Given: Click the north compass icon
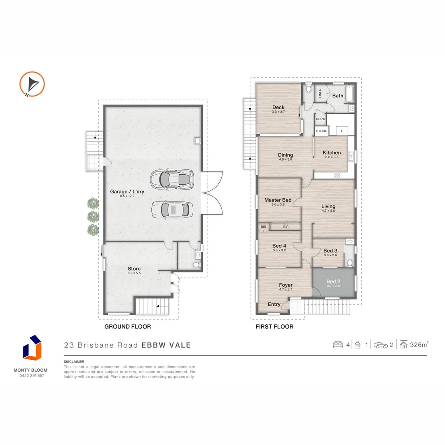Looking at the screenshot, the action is [x=32, y=84].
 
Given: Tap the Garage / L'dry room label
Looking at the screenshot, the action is [x=127, y=192].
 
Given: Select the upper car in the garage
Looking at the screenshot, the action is [x=172, y=179].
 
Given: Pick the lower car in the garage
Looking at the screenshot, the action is [x=172, y=210].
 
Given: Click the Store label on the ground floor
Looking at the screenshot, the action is [x=134, y=269].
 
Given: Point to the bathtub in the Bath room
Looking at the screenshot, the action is [x=350, y=94].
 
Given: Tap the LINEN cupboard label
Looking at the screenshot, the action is [x=320, y=93].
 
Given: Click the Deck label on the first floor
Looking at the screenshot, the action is [x=278, y=107].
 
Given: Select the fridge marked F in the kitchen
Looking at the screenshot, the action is [x=342, y=131].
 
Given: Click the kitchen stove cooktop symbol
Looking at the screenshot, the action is [x=337, y=176].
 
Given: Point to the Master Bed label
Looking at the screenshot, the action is [x=278, y=200].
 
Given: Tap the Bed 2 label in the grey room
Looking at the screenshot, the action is [x=333, y=281].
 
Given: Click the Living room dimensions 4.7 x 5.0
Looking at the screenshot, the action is [x=328, y=211].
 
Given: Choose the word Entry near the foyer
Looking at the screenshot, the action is [x=274, y=304].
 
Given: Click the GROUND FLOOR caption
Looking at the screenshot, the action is [x=128, y=327].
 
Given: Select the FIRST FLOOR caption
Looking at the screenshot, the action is [x=274, y=327].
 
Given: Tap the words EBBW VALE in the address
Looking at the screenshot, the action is [x=166, y=345].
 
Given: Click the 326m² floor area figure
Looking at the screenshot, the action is [x=419, y=344].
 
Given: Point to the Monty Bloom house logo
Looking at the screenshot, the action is [x=32, y=348].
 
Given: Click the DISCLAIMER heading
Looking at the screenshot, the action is [x=74, y=362].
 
